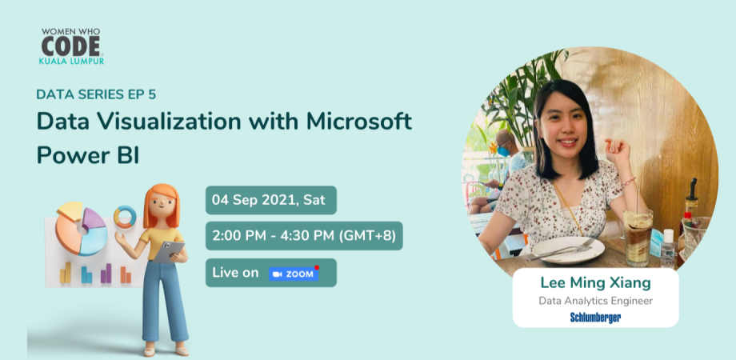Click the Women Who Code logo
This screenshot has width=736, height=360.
pyautogui.click(x=71, y=46)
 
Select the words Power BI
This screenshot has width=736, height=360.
pyautogui.click(x=88, y=154)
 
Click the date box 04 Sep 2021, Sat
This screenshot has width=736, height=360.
pyautogui.click(x=270, y=200)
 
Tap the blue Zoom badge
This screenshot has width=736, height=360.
pyautogui.click(x=294, y=274)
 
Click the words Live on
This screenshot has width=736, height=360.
pyautogui.click(x=235, y=273)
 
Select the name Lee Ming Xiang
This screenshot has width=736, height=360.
pyautogui.click(x=595, y=282)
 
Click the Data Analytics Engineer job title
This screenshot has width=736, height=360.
pyautogui.click(x=595, y=301)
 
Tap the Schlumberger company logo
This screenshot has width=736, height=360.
pyautogui.click(x=595, y=318)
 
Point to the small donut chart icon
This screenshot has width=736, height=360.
pyautogui.click(x=125, y=216)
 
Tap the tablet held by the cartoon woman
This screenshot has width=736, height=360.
pyautogui.click(x=170, y=252)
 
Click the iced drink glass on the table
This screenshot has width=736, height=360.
pyautogui.click(x=638, y=238)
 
